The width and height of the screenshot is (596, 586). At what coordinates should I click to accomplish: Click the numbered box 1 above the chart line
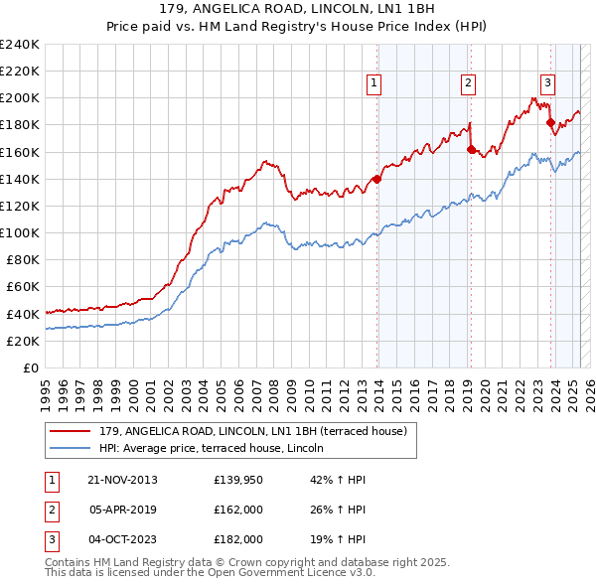374,83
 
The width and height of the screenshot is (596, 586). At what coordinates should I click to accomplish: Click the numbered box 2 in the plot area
467,83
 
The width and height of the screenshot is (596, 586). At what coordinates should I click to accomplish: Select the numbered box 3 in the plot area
547,83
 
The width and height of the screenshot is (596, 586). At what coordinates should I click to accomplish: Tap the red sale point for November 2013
376,180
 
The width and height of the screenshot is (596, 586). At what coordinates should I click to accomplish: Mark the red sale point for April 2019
471,150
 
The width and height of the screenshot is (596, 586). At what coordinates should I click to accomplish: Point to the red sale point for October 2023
550,123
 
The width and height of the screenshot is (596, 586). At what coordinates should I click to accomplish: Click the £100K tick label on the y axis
20,232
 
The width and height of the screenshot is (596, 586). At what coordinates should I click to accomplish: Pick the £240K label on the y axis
20,45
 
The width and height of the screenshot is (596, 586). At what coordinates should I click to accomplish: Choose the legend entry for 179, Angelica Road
252,431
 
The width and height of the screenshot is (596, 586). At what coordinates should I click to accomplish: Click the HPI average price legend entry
219,448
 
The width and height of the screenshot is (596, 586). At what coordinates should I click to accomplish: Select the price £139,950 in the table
238,480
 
